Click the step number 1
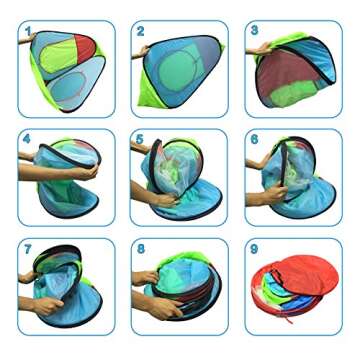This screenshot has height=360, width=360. click(28, 32)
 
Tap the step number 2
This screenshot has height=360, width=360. click(141, 31)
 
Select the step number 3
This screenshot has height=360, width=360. click(254, 30)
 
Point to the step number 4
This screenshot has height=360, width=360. click(27, 139)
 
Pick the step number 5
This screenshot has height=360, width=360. click(139, 139)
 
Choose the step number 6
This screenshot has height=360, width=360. click(254, 139)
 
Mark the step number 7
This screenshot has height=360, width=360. click(28, 249)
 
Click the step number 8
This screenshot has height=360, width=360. click(141, 249)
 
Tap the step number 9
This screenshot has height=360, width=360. click(254, 249)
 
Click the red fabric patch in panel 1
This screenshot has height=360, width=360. click(85, 48)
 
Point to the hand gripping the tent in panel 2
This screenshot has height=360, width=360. click(141, 52)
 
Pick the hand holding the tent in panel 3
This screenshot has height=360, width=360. click(263, 49)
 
